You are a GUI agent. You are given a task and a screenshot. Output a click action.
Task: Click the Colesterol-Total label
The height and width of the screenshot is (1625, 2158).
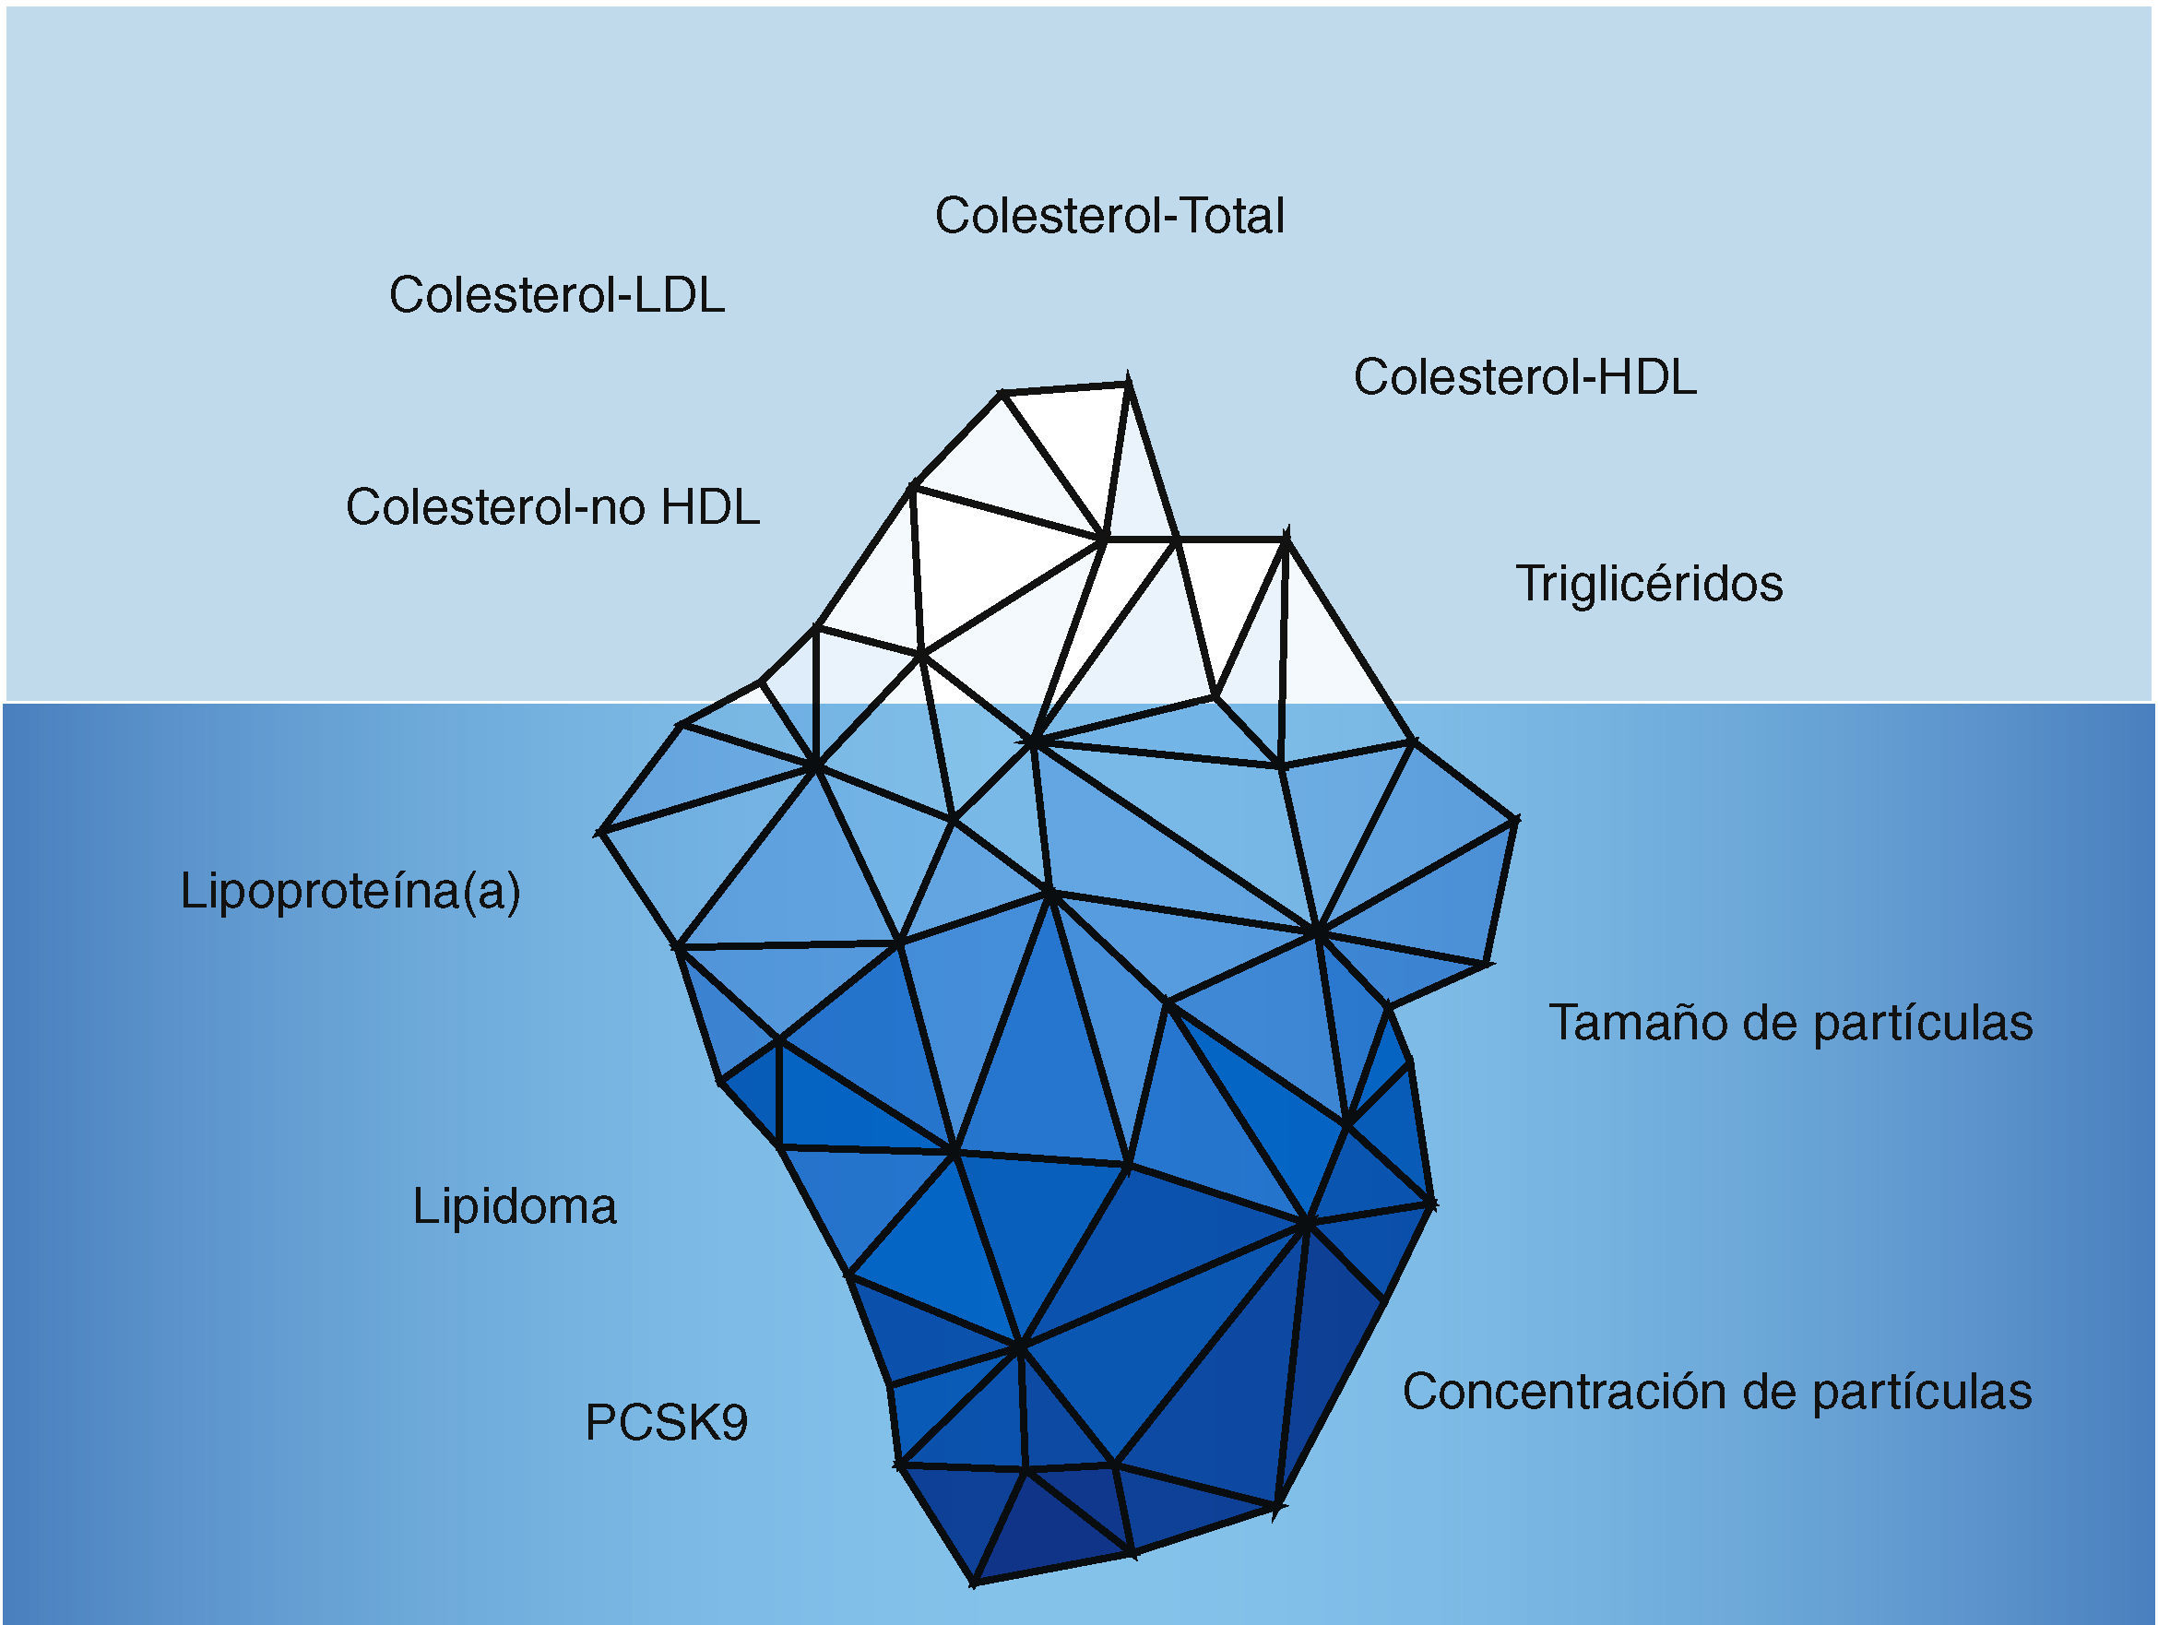point(1109,216)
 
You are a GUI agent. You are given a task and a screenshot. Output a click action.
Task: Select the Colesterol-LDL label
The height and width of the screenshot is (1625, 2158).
point(557,294)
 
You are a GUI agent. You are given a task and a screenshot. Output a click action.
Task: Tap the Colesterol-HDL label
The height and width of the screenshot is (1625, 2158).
point(1524,376)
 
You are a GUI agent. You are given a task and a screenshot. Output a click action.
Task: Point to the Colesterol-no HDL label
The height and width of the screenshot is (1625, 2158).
point(552,507)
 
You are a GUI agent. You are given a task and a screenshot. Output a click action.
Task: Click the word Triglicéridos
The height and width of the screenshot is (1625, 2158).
point(1649,583)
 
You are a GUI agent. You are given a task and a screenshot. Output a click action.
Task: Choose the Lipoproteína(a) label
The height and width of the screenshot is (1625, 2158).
point(350,891)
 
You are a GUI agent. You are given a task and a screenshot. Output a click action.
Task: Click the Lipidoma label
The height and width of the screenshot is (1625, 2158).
point(514,1206)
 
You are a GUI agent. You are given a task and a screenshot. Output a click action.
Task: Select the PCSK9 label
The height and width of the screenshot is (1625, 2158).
point(667,1422)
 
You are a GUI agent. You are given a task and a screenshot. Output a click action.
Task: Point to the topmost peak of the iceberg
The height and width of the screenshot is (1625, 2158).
point(1128,380)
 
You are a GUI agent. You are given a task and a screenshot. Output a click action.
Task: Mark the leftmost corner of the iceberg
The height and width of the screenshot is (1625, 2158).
point(600,832)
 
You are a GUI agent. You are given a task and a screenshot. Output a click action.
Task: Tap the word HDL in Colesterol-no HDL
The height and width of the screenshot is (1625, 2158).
point(710,507)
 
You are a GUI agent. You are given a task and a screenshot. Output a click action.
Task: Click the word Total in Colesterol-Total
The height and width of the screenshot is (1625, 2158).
point(1233,216)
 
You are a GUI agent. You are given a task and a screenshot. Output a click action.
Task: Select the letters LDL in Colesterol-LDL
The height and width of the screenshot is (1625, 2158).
point(680,294)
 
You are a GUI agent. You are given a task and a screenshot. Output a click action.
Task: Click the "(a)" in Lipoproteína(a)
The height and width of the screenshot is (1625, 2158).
point(492,891)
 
